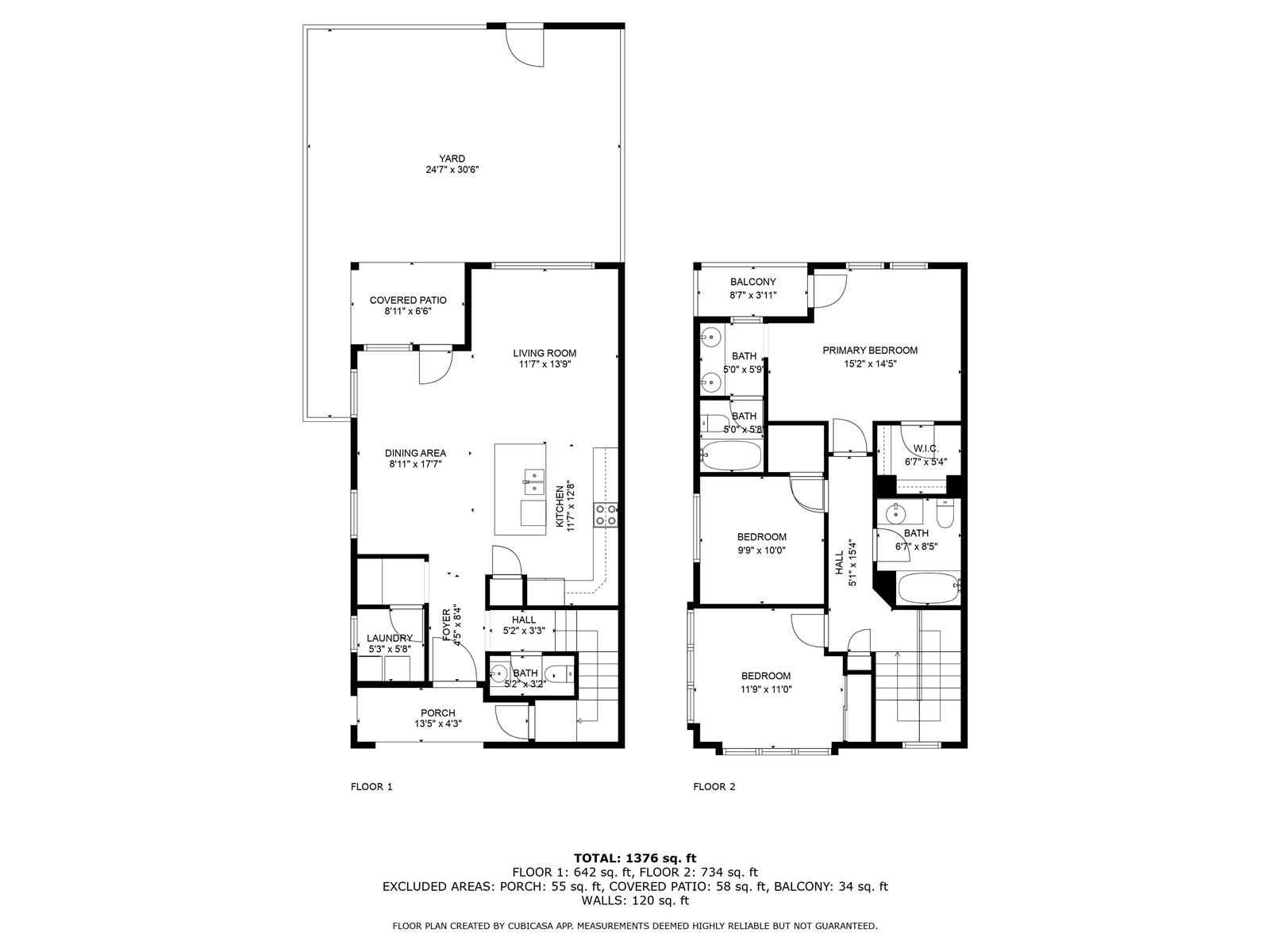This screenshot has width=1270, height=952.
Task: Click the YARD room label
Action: [x=452, y=159]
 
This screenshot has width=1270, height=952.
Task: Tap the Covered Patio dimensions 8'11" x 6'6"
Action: [x=408, y=312]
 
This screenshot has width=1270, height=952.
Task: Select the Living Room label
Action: [x=545, y=353]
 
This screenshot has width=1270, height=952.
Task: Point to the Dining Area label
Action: [x=415, y=453]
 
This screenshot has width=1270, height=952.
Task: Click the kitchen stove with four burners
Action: [x=605, y=515]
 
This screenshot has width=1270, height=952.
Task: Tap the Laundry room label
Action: [x=390, y=638]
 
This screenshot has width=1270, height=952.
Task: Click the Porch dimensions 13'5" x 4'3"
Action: [x=438, y=723]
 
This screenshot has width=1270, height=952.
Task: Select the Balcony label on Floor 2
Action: [x=752, y=282]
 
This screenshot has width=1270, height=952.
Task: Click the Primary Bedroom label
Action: [x=870, y=351]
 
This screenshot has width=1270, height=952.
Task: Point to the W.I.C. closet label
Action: [x=926, y=448]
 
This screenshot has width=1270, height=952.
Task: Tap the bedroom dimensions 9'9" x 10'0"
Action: [x=761, y=551]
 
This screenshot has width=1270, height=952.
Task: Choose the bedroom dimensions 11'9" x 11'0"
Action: [x=766, y=689]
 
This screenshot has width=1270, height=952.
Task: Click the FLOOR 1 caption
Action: [x=371, y=787]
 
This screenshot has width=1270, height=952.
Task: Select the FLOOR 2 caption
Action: [x=714, y=787]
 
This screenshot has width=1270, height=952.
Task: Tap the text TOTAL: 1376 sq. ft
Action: [x=635, y=858]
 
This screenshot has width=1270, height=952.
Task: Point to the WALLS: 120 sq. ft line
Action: [x=635, y=900]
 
